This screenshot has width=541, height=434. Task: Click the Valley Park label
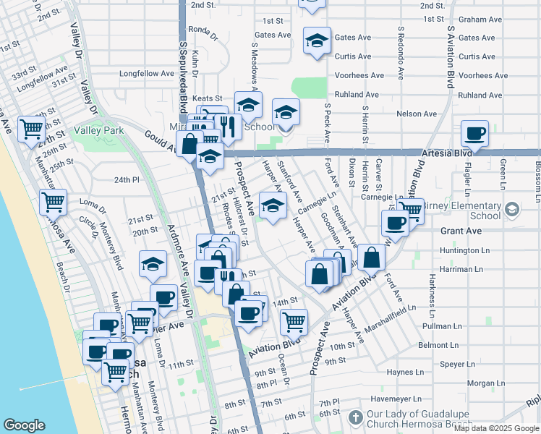(x=103, y=130)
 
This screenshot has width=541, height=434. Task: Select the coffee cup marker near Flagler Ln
(x=475, y=133)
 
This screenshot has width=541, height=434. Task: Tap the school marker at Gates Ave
(x=317, y=41)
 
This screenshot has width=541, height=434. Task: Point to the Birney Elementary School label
(x=464, y=210)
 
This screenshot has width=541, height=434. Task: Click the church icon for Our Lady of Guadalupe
(x=355, y=417)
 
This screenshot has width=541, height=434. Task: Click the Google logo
(x=25, y=425)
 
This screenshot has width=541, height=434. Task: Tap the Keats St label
(x=206, y=98)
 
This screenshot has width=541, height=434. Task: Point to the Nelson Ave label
(x=417, y=114)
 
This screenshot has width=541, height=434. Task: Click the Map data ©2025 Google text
(x=495, y=428)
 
